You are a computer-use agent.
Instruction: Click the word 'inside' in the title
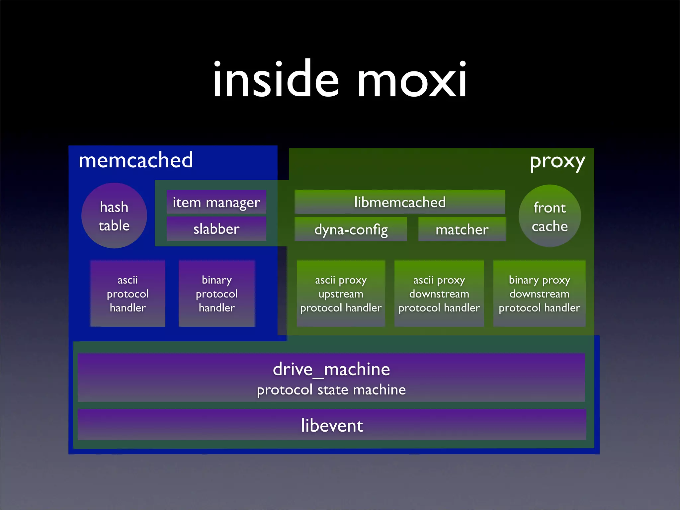pyautogui.click(x=276, y=80)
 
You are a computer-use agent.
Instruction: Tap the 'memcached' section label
pyautogui.click(x=135, y=160)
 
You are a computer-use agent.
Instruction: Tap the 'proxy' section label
pyautogui.click(x=557, y=162)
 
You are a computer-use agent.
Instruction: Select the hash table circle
pyautogui.click(x=114, y=216)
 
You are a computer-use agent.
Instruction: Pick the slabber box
pyautogui.click(x=216, y=229)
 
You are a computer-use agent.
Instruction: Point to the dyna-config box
pyautogui.click(x=351, y=229)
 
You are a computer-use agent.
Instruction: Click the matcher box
pyautogui.click(x=462, y=229)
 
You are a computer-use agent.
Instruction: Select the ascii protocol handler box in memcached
pyautogui.click(x=127, y=294)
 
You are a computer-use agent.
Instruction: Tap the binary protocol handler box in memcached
pyautogui.click(x=216, y=294)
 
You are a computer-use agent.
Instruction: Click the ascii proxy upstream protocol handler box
pyautogui.click(x=341, y=294)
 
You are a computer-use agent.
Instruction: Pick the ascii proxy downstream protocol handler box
pyautogui.click(x=439, y=294)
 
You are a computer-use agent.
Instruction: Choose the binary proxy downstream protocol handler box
pyautogui.click(x=539, y=294)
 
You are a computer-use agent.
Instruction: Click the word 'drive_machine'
pyautogui.click(x=331, y=369)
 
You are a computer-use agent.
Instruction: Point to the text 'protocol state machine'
pyautogui.click(x=331, y=390)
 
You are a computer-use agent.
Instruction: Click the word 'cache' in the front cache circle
pyautogui.click(x=550, y=226)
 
